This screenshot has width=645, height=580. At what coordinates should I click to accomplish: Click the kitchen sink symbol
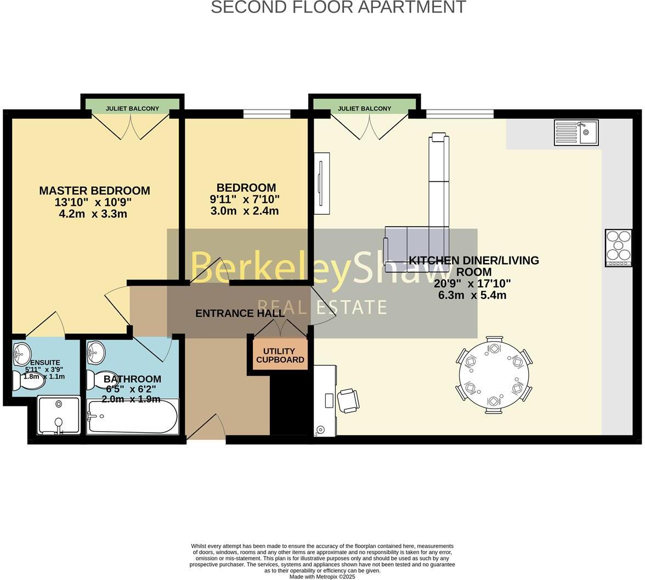click(x=576, y=132)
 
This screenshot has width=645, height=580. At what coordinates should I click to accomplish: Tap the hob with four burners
click(x=618, y=248)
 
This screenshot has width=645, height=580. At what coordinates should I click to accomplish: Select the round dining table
click(x=494, y=376)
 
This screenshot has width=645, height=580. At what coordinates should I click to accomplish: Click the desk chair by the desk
click(x=348, y=400)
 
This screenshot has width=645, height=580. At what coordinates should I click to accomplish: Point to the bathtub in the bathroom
click(x=132, y=416)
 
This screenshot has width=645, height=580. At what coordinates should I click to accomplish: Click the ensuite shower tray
click(x=58, y=416)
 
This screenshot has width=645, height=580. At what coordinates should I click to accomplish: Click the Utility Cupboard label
click(x=280, y=355)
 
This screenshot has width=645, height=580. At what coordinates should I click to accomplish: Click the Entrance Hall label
click(x=240, y=314)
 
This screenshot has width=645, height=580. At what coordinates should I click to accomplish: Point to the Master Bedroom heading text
click(x=94, y=191)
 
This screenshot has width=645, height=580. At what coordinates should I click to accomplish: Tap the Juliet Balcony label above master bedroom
click(x=132, y=108)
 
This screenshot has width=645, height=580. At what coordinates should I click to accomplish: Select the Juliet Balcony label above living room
click(x=364, y=108)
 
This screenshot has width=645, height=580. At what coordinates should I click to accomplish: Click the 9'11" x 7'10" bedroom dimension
click(x=245, y=199)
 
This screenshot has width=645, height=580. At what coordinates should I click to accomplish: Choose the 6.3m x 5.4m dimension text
click(x=472, y=295)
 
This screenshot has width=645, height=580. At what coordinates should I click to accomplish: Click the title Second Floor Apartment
click(x=338, y=8)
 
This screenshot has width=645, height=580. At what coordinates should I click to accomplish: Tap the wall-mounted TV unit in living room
click(x=321, y=183)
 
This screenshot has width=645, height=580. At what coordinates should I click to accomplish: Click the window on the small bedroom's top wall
click(x=267, y=114)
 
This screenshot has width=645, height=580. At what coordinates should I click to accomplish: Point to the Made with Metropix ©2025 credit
click(x=322, y=577)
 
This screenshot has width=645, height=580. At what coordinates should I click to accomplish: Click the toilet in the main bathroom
click(x=100, y=379)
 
